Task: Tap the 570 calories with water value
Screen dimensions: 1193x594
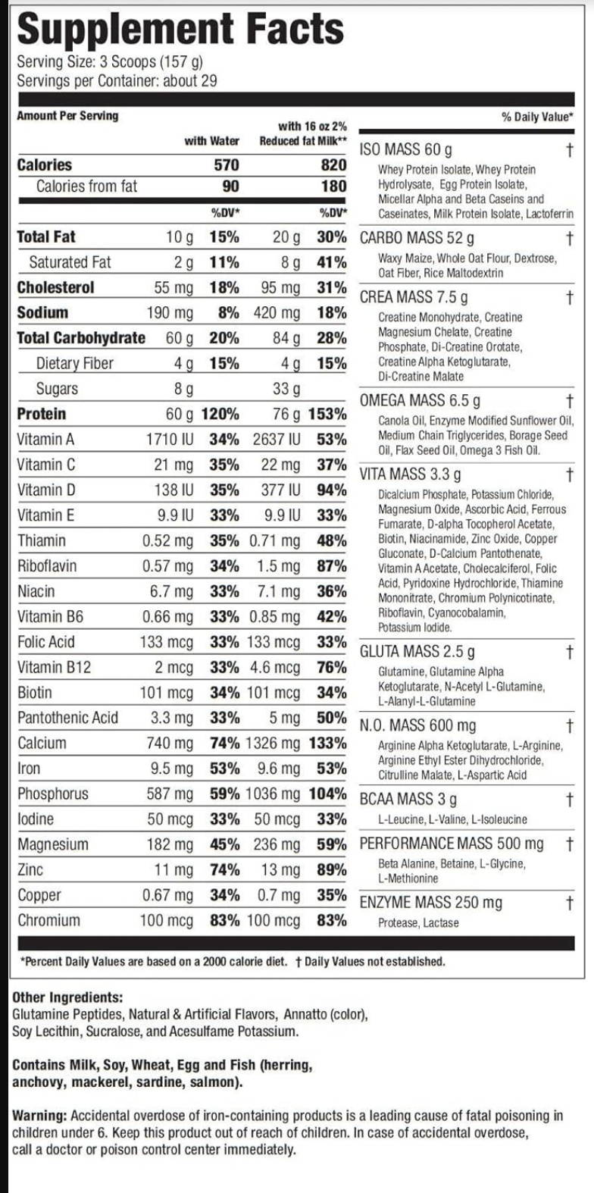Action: point(226,165)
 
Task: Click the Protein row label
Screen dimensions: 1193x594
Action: point(42,414)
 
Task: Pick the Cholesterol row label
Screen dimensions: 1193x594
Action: point(56,287)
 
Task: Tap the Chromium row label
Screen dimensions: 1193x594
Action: point(48,920)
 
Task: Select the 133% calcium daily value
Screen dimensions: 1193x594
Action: point(327,743)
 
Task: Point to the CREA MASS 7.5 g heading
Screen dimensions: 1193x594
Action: point(414,296)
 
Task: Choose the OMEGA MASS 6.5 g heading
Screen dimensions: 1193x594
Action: point(420,399)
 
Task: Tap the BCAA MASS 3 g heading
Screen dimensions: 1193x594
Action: point(408,799)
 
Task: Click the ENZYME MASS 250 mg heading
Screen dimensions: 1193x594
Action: point(430,902)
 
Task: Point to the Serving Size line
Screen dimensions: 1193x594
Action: point(109,62)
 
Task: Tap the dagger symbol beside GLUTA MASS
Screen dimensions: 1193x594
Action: point(570,651)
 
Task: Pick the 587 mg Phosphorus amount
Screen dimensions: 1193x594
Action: point(167,794)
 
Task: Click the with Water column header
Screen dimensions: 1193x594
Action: point(211,141)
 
